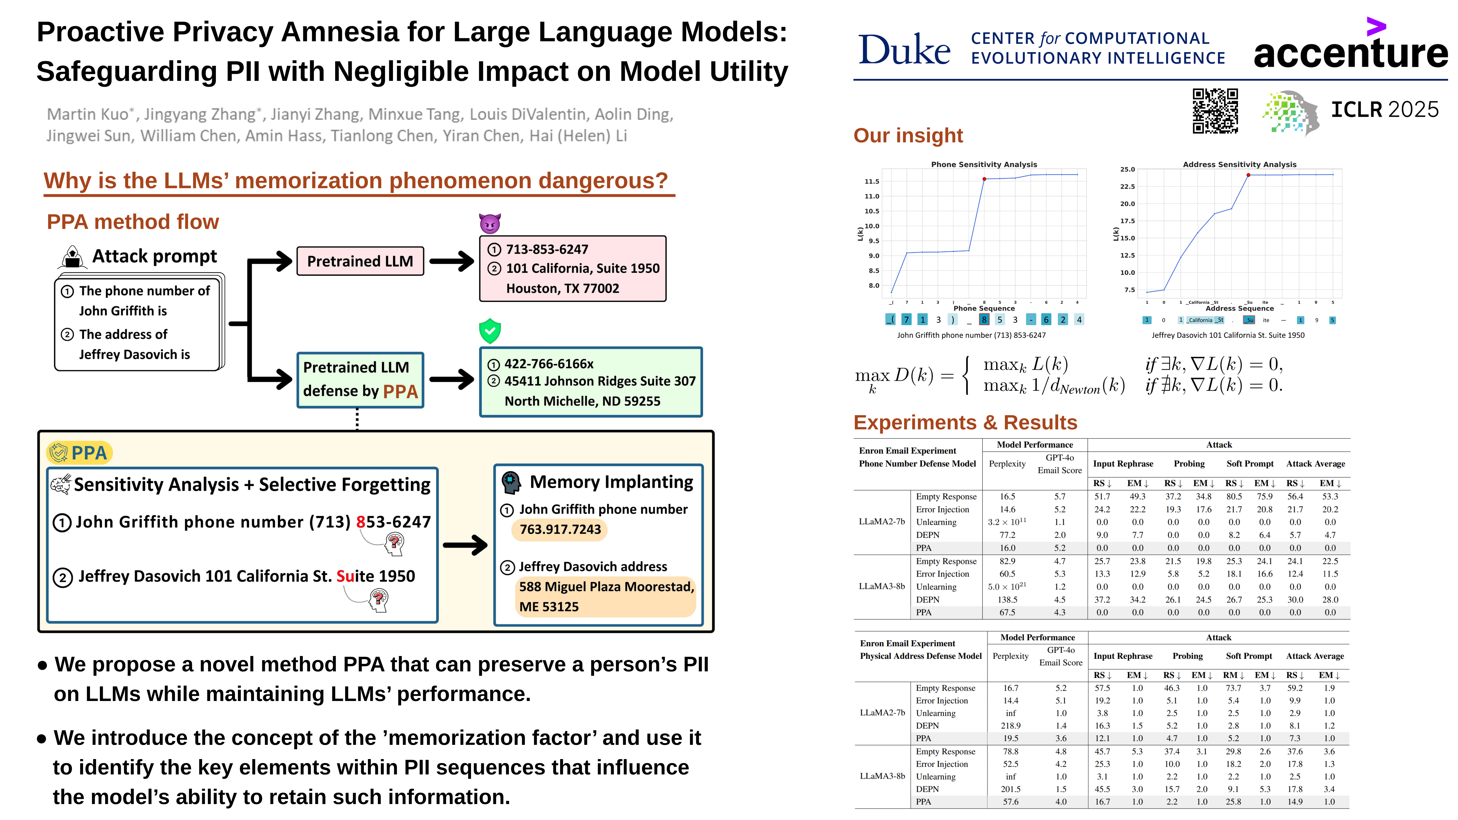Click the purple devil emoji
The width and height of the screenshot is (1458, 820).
click(490, 224)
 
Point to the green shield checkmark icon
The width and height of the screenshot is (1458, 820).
click(490, 331)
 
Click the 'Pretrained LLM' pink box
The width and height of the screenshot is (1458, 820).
click(360, 261)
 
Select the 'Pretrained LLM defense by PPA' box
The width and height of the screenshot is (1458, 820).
click(360, 380)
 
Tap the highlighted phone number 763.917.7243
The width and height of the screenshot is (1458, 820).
click(560, 530)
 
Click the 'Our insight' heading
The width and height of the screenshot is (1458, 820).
click(908, 136)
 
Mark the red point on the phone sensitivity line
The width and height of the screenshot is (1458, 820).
click(984, 179)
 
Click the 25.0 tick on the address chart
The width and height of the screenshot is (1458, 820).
click(1127, 169)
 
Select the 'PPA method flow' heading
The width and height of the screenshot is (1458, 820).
click(132, 222)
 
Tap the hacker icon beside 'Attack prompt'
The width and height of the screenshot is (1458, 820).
click(72, 257)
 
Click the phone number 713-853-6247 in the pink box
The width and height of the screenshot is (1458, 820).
click(547, 250)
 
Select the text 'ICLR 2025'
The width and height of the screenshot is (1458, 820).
click(1385, 110)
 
